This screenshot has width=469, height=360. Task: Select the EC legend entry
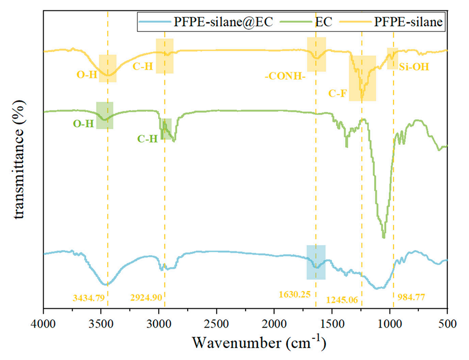(x=325, y=22)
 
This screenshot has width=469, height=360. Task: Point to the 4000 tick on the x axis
(x=44, y=325)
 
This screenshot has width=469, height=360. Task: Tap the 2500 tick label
(x=217, y=325)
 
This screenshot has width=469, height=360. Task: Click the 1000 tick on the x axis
(x=389, y=325)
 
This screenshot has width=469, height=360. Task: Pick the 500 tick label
(x=447, y=325)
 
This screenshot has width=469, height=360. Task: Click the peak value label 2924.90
(x=146, y=297)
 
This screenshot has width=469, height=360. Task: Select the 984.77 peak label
(x=411, y=297)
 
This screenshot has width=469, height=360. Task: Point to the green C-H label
(x=147, y=139)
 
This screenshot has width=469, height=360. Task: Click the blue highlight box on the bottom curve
(x=316, y=262)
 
